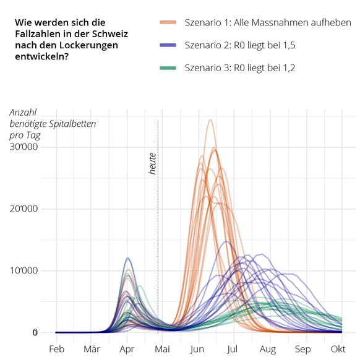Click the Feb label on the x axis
point(56,350)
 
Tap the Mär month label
point(92,350)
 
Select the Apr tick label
point(127,350)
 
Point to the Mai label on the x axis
point(162,350)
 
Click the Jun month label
point(198,350)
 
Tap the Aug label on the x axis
point(268,350)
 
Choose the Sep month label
point(303,350)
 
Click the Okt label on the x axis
point(338,350)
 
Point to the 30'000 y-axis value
point(23,147)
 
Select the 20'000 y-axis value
point(23,209)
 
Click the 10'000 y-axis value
point(23,270)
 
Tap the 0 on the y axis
point(35,332)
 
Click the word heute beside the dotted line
point(152,163)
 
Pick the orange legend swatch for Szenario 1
point(168,23)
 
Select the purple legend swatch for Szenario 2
point(168,45)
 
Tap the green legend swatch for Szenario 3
point(168,67)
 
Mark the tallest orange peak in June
point(210,120)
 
